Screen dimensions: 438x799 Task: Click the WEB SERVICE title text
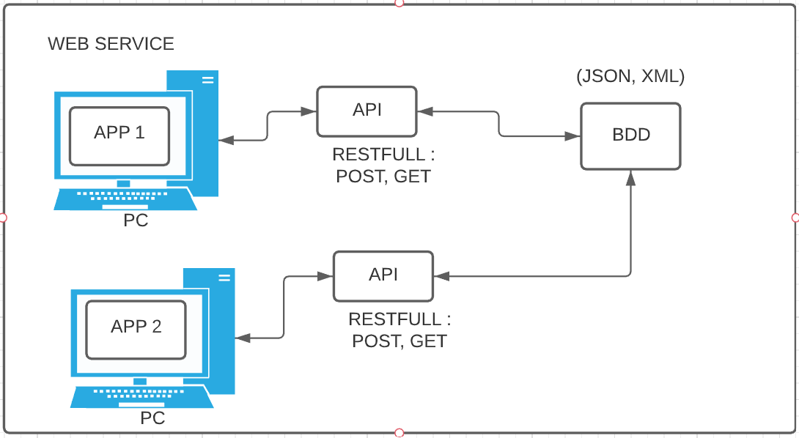coord(111,44)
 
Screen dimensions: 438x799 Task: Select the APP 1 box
coord(119,136)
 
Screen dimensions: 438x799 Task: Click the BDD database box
coord(630,136)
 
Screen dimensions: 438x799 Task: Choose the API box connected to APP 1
coord(367,111)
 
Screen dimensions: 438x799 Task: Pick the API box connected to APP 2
coord(383,276)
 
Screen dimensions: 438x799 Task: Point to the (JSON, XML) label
coord(630,76)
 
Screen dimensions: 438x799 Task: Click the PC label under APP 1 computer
coord(136,220)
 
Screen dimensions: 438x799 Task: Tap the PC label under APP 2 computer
coord(152,418)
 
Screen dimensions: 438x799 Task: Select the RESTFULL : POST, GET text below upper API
coord(383,166)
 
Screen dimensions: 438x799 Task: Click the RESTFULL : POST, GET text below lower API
coord(399,330)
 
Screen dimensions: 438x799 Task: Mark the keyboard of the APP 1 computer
coord(125,198)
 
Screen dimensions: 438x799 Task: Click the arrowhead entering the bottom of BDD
coord(630,179)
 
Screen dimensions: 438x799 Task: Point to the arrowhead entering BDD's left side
coord(572,136)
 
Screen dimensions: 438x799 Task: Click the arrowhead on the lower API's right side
coord(441,276)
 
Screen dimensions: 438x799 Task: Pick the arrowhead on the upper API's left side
coord(309,112)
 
